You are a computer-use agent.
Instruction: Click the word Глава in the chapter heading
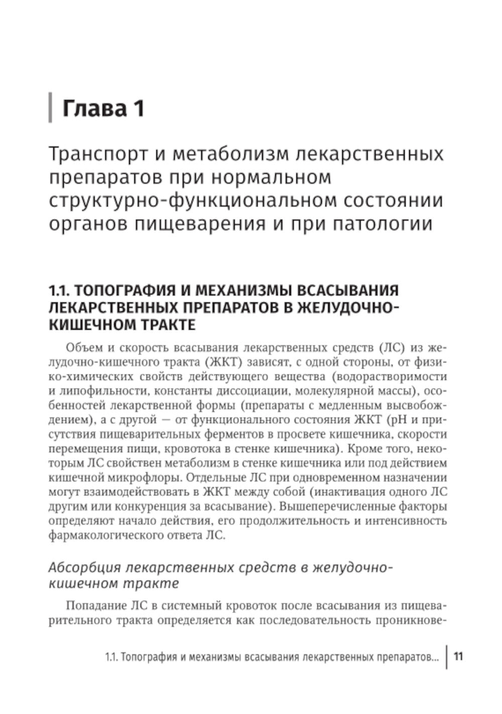[94, 108]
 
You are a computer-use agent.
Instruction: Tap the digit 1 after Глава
[138, 108]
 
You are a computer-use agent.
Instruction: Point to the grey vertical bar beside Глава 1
[50, 107]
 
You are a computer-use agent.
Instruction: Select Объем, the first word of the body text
[80, 348]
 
